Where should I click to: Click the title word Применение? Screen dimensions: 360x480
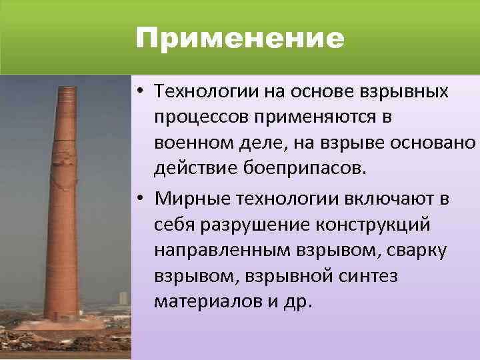pyautogui.click(x=240, y=39)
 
